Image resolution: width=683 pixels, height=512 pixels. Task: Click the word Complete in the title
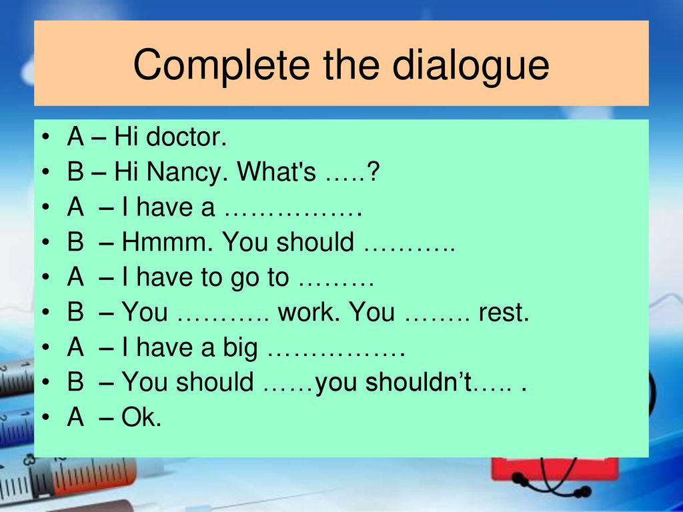[x=221, y=65]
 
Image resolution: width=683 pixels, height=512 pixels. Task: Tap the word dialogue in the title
[x=470, y=65]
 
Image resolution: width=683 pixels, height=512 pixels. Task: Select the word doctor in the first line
[x=187, y=137]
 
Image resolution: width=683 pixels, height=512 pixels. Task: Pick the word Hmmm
[x=167, y=241]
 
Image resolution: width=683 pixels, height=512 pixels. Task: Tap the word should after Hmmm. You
[x=315, y=241]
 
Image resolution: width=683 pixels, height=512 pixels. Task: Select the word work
[x=309, y=312]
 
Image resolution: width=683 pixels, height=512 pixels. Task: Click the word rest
[x=504, y=313]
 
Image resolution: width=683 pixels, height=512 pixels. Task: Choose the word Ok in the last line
[x=141, y=417]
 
